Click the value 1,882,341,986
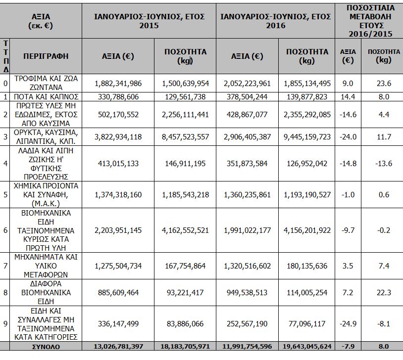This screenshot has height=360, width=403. coord(118,84)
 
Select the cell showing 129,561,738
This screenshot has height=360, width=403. coord(185,97)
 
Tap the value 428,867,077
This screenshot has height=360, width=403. coord(247,115)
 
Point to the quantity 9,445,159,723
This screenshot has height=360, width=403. coord(307,137)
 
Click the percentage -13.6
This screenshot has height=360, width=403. coord(384,164)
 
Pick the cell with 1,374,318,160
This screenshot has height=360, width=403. coord(118,195)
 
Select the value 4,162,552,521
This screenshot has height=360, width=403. coord(185,230)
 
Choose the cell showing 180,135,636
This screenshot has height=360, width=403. coord(307,266)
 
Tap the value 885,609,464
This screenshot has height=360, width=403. coord(118,292)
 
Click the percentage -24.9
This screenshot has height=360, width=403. coord(348,324)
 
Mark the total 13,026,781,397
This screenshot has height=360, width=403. coord(118,346)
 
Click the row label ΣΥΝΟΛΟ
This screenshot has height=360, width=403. coord(46,347)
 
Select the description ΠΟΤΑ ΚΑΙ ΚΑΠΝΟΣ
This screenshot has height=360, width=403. coord(46,97)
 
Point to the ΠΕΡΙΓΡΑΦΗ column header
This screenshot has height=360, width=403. coord(46,56)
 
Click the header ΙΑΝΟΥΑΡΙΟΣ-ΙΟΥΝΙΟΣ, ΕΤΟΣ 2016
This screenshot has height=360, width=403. coord(276,21)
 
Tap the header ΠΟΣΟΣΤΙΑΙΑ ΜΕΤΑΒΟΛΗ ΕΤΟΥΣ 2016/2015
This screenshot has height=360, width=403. coord(371,21)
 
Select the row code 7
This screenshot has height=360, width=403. coord(5,266)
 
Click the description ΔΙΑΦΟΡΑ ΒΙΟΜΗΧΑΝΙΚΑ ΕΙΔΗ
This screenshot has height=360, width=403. coord(46,292)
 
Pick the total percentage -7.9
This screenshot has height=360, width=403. coord(348,346)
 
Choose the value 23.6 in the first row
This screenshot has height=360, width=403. coord(384,84)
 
